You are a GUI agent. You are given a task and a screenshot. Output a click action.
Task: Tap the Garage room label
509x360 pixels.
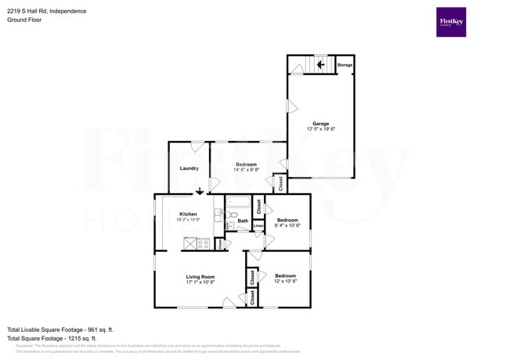(x=321, y=123)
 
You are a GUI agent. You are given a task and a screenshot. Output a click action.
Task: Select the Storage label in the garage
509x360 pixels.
(x=345, y=65)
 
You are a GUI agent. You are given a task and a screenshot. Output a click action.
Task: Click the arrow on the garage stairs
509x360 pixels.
(x=321, y=65)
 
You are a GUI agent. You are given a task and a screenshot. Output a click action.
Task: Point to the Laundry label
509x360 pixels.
(x=189, y=168)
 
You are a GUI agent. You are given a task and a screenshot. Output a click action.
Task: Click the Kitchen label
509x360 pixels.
(x=188, y=214)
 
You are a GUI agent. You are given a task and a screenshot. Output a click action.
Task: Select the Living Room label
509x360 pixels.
(x=200, y=276)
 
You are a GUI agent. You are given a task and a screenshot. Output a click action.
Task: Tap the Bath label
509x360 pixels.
(x=243, y=221)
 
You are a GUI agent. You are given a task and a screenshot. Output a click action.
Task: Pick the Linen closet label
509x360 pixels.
(x=258, y=226)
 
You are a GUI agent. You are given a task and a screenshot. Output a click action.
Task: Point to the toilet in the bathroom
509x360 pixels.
(x=233, y=214)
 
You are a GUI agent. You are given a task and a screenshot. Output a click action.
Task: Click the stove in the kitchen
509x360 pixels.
(x=203, y=243)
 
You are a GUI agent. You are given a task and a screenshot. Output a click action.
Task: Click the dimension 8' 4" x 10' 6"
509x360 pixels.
(x=287, y=226)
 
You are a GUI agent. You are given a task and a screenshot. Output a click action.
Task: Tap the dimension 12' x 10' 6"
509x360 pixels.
(x=285, y=282)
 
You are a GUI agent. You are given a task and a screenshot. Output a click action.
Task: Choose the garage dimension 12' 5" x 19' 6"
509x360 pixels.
(x=321, y=128)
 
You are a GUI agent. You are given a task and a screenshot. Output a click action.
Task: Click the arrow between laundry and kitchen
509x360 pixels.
(x=200, y=190)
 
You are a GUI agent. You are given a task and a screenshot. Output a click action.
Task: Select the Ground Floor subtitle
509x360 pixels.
(x=23, y=20)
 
